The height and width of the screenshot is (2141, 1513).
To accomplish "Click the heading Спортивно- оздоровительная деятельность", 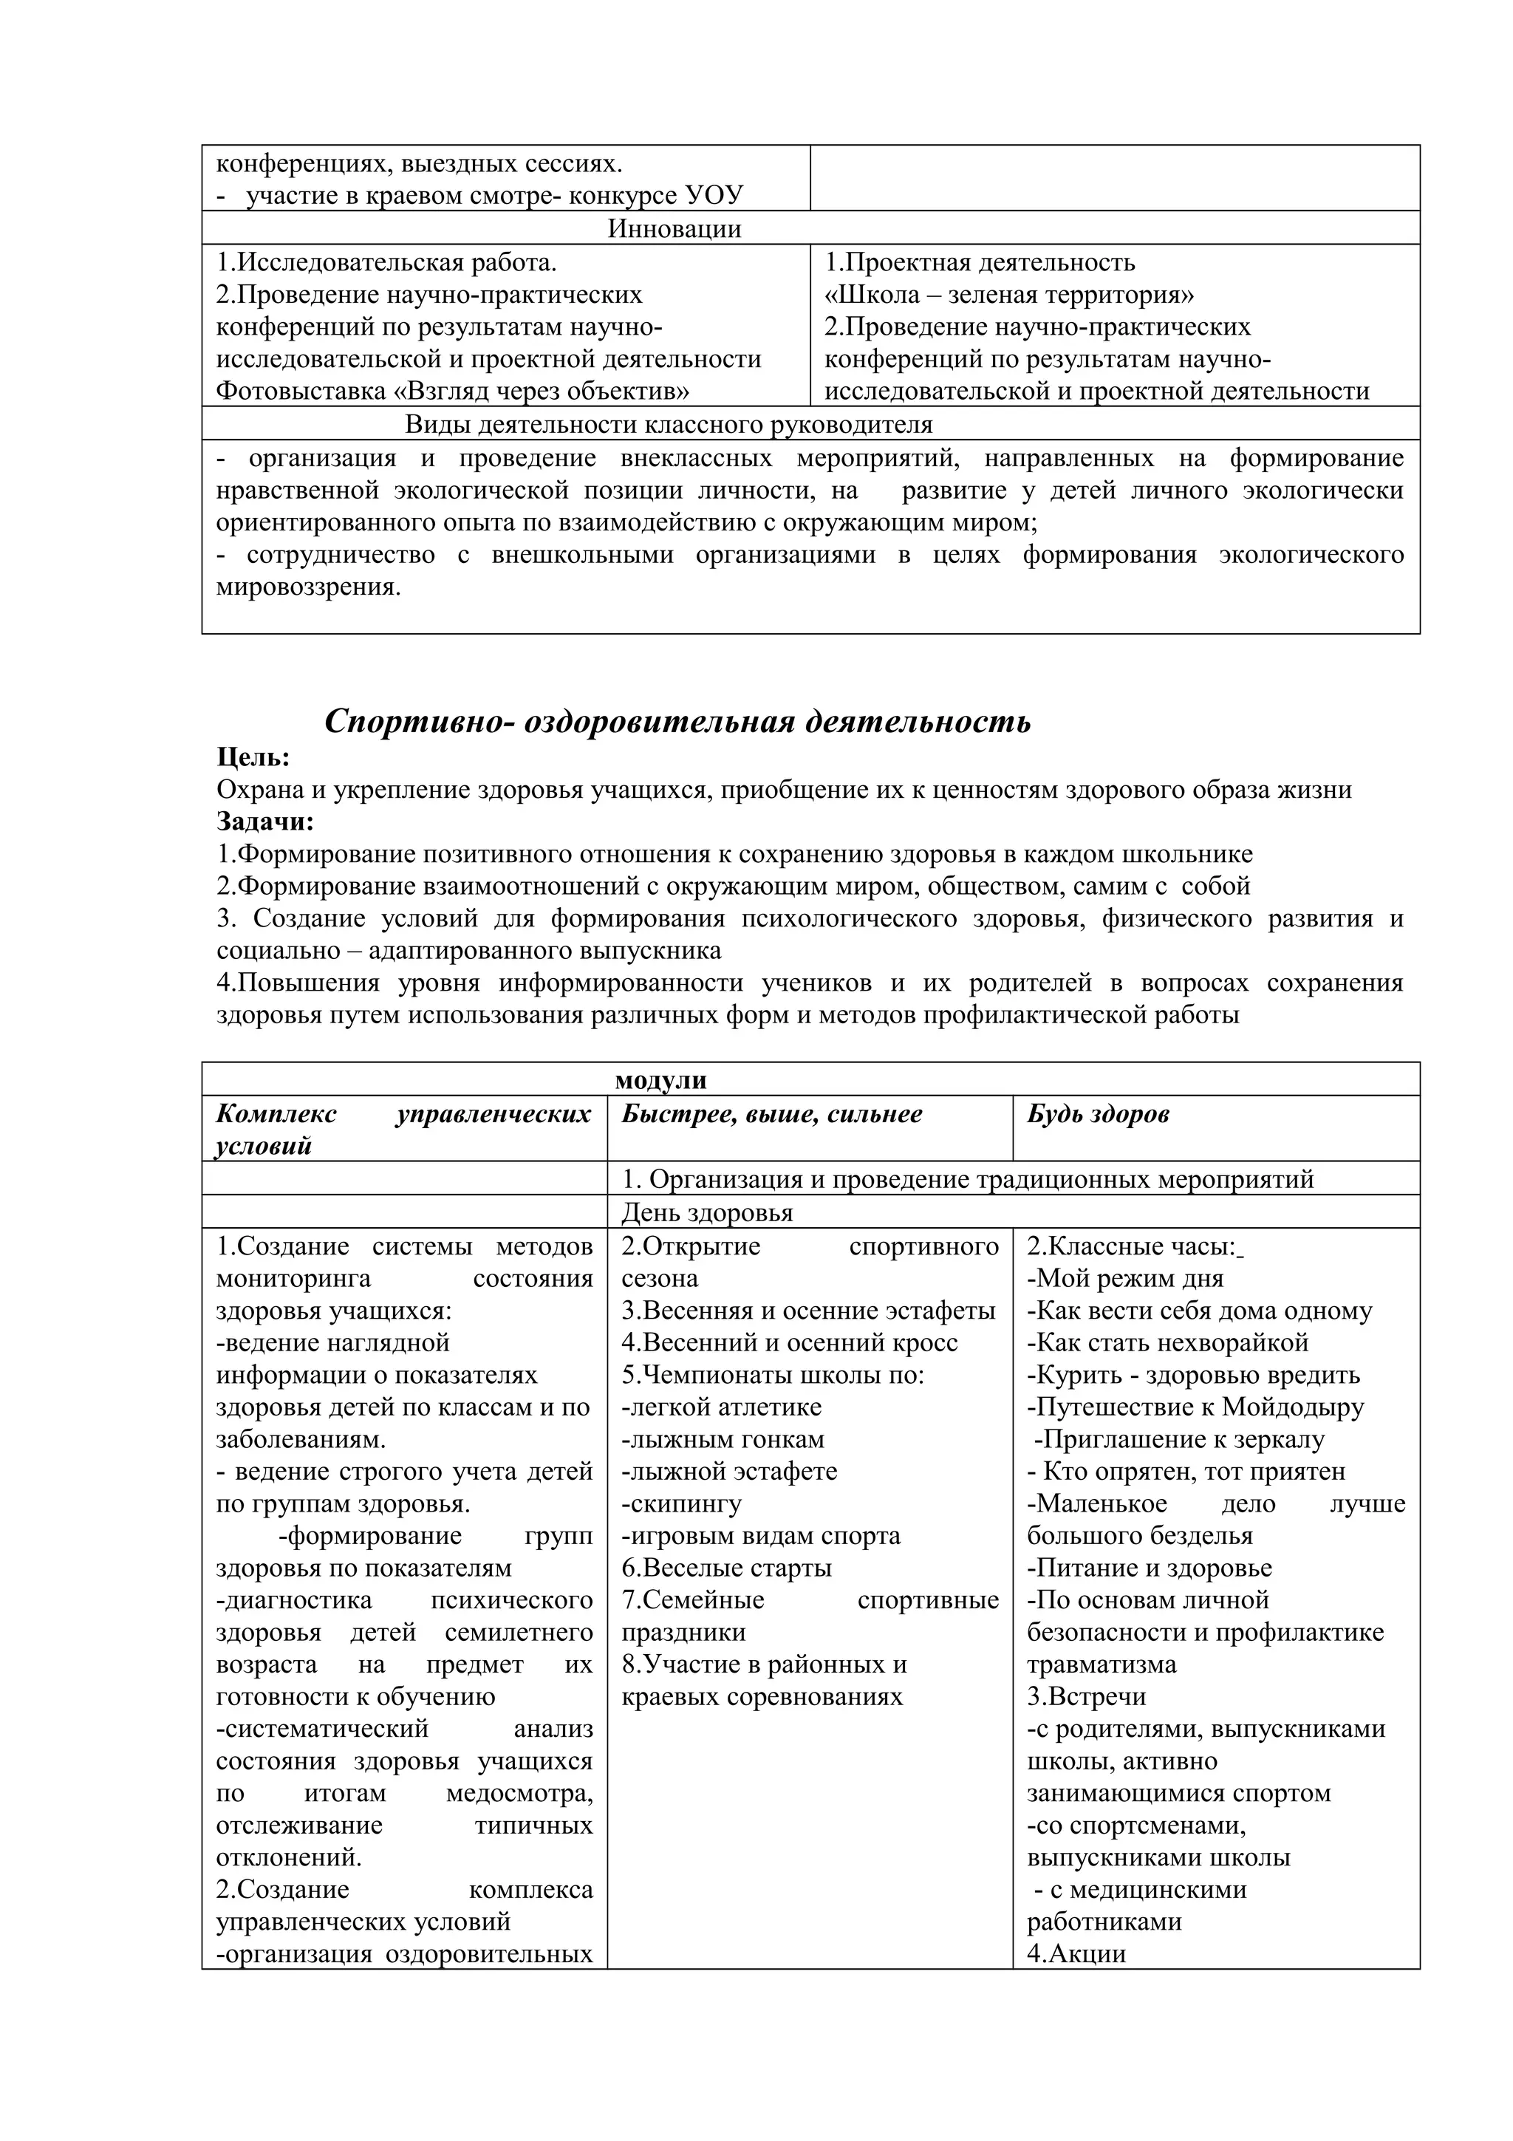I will point(677,722).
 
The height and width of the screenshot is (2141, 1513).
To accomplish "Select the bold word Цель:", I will point(253,757).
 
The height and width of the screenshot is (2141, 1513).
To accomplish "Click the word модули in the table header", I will point(661,1080).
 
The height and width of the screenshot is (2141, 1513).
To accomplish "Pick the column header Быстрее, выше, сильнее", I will point(772,1114).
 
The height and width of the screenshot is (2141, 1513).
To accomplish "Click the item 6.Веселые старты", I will point(726,1568).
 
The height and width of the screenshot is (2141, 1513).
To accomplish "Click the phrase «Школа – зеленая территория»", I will point(1010,295).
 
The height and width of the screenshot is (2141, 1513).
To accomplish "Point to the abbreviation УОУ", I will point(714,195).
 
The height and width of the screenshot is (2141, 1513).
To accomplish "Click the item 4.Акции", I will point(1076,1953).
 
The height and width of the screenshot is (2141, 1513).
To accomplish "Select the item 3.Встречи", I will point(1086,1696).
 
